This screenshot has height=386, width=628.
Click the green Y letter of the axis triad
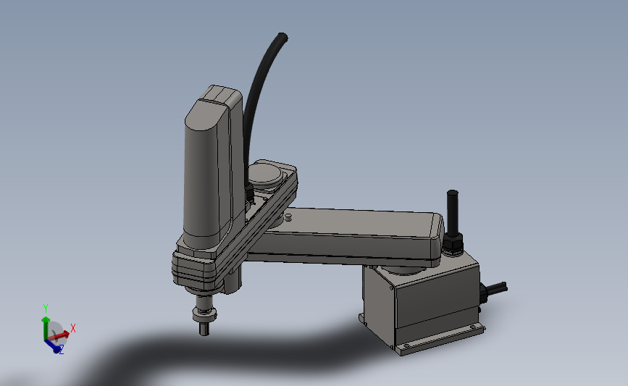coord(45,308)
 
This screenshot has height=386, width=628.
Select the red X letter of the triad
coord(73,328)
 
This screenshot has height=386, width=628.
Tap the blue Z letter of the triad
coord(62,350)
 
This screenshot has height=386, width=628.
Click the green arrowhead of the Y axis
coord(45,319)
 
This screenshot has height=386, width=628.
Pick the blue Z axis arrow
coord(52,345)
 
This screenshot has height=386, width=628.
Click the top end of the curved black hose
coord(282,37)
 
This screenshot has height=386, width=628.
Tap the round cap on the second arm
coord(265,173)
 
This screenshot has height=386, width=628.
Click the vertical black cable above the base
coord(453,213)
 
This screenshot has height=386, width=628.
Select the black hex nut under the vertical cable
coord(453,243)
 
